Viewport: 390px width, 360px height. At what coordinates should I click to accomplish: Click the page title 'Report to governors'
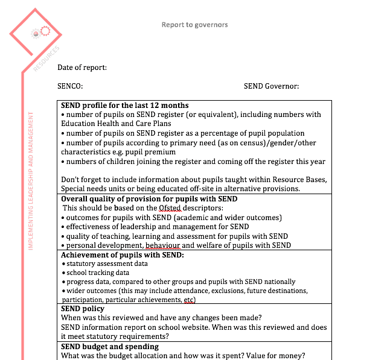click(194, 25)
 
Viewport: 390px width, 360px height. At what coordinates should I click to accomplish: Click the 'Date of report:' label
click(82, 68)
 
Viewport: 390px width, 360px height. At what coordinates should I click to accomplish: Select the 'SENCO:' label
click(70, 86)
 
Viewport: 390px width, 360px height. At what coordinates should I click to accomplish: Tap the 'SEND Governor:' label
click(271, 86)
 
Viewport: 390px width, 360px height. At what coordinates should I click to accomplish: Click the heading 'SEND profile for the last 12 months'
click(125, 106)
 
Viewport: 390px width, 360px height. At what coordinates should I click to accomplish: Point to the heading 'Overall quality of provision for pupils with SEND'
click(149, 199)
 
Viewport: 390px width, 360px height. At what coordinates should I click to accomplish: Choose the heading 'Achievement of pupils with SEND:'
click(123, 255)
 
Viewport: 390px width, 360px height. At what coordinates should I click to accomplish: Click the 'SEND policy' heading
click(83, 309)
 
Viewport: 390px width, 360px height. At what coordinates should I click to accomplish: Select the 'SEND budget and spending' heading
click(110, 347)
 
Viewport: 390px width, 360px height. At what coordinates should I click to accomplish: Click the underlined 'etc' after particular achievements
click(190, 300)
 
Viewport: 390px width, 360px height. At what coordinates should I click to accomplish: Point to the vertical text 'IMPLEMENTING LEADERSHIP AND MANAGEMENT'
click(31, 181)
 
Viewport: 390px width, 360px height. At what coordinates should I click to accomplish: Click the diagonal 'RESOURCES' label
click(47, 58)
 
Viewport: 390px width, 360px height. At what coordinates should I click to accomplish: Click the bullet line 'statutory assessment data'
click(107, 264)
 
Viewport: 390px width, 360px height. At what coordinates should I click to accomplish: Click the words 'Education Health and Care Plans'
click(112, 124)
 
